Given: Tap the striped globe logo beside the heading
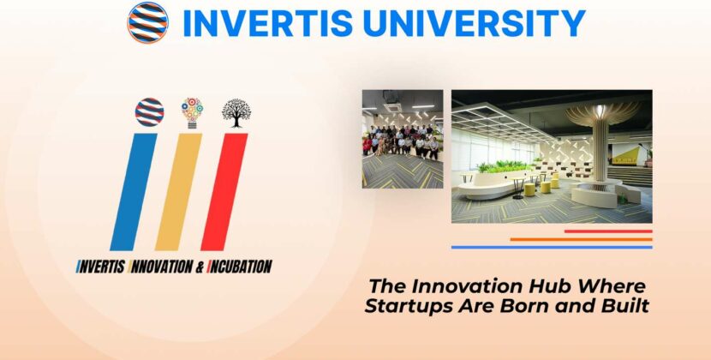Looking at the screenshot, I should click(x=148, y=22).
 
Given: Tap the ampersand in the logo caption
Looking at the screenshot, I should click(x=200, y=267).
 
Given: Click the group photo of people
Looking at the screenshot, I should click(x=402, y=139).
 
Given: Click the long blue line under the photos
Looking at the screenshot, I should click(x=552, y=247).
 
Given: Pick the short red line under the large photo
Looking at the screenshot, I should click(x=608, y=231).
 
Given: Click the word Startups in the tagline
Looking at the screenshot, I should click(x=403, y=304).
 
